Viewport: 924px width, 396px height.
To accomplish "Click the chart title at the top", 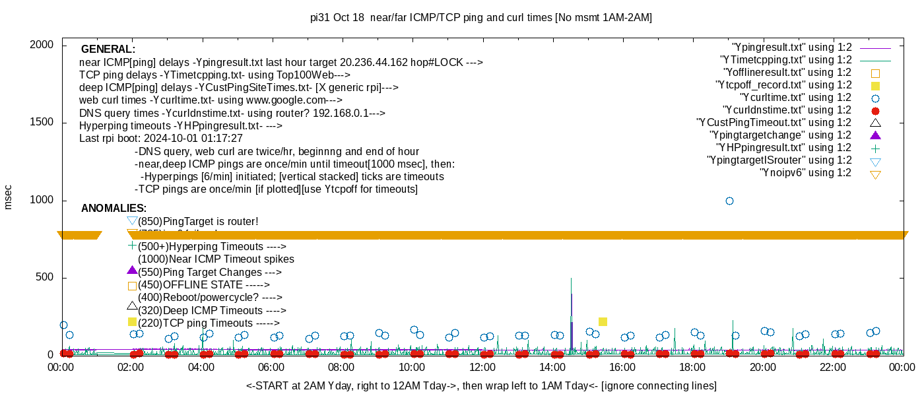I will [x=481, y=18].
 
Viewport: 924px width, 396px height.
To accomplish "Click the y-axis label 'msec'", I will [x=9, y=197].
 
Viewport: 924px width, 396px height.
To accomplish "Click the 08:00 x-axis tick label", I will [x=341, y=367].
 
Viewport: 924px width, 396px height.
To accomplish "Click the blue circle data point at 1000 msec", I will [x=729, y=201].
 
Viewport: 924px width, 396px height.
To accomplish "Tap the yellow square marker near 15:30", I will [x=603, y=321].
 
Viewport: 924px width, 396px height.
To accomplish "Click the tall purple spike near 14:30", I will [x=571, y=290].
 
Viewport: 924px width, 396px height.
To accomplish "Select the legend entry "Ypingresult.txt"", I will [x=791, y=48].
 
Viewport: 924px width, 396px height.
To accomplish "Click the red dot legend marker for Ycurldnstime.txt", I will [x=876, y=110].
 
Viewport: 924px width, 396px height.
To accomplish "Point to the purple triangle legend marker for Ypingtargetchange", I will [x=876, y=135].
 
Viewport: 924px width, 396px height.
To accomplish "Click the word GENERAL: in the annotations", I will [x=108, y=49].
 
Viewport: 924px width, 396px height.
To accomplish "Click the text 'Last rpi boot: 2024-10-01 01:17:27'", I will [x=161, y=139].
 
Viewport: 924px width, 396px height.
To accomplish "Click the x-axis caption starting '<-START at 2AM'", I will [x=481, y=385].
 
